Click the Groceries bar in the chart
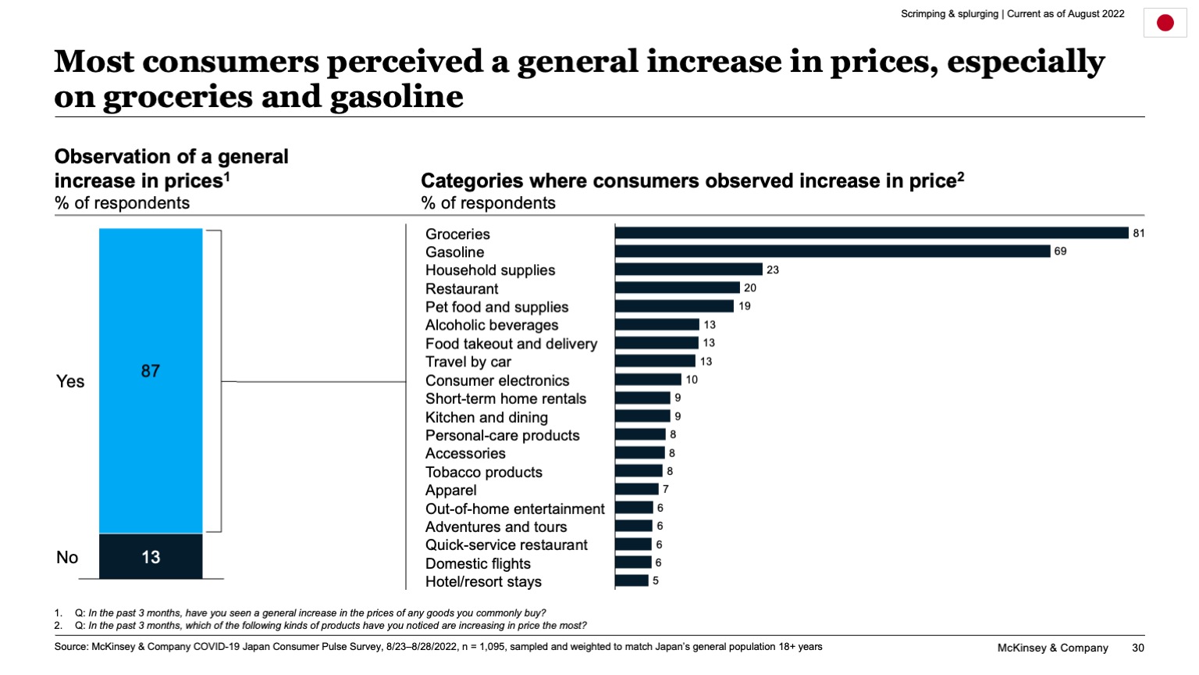pos(871,233)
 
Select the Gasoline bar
pos(832,251)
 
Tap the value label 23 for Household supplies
pos(772,270)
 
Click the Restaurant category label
pos(461,288)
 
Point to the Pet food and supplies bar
pos(674,306)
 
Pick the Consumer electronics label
pos(497,380)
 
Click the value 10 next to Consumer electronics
pos(692,380)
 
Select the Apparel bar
pos(636,489)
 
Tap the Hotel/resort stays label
pos(483,581)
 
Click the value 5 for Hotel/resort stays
pos(656,580)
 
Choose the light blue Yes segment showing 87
pos(151,380)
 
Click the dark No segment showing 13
pos(151,556)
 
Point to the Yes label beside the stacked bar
pos(70,381)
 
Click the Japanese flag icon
pos(1165,23)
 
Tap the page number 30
pos(1137,648)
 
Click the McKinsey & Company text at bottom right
pos(1052,648)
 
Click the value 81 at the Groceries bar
pos(1138,233)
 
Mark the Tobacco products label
pos(483,472)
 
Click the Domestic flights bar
pos(633,562)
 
